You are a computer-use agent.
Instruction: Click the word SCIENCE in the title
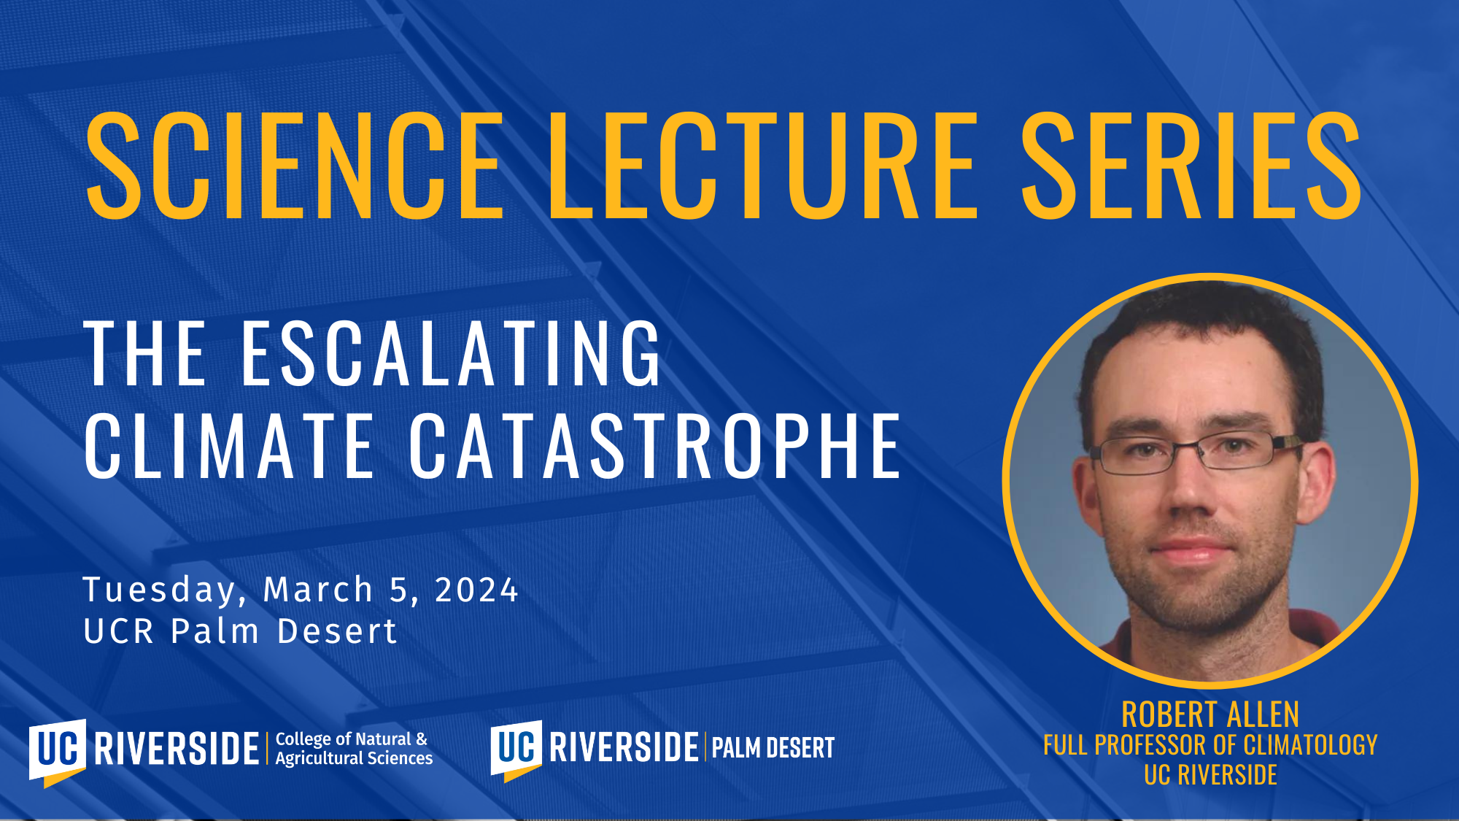295,166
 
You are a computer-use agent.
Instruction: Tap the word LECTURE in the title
762,166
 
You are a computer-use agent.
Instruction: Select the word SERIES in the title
1191,166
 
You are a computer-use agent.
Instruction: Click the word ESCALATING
452,353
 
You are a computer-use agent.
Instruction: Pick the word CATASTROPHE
655,446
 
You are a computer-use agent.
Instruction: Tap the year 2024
476,590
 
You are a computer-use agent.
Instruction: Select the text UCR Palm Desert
241,631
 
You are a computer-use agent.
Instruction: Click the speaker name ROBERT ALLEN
1210,714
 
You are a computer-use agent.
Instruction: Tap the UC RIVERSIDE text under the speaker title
1210,775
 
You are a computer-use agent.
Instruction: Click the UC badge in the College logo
58,752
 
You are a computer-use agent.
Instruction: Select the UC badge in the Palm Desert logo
516,749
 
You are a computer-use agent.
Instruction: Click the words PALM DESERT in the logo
773,748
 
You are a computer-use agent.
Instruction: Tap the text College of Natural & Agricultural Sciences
354,749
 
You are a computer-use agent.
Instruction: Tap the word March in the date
318,590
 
